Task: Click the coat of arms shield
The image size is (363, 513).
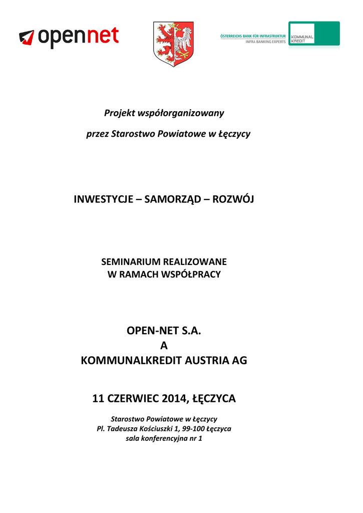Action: [173, 44]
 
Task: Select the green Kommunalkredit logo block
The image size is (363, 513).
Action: [314, 34]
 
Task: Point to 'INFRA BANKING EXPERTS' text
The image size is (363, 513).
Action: [265, 42]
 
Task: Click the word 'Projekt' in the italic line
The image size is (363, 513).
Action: [119, 113]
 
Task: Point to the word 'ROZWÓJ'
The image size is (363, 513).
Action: [233, 199]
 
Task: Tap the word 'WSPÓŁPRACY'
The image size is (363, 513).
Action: [192, 275]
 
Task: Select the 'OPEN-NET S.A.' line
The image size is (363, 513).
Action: [164, 331]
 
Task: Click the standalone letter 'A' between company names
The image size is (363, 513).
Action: [164, 346]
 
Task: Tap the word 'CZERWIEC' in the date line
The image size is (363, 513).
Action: [132, 399]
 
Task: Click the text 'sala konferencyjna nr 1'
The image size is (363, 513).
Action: [164, 439]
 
